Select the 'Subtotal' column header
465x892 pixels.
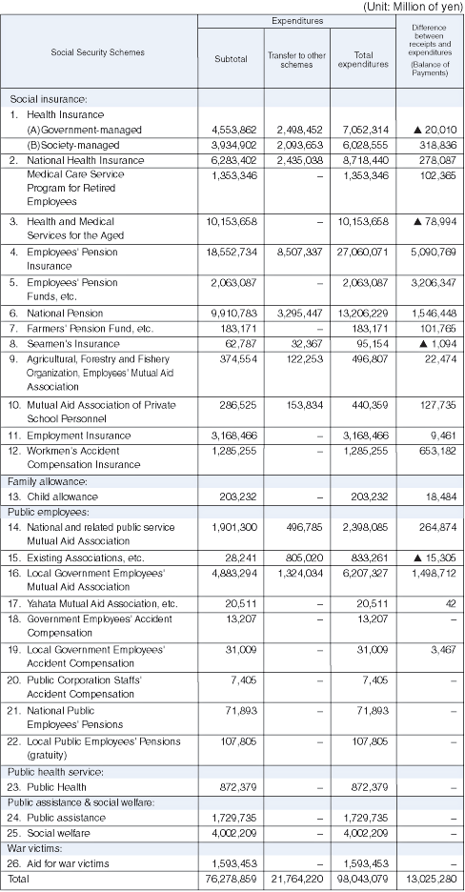[x=231, y=58]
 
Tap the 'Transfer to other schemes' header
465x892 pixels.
[x=296, y=58]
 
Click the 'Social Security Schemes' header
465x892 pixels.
[x=98, y=52]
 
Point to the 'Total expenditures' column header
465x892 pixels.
[x=363, y=58]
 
